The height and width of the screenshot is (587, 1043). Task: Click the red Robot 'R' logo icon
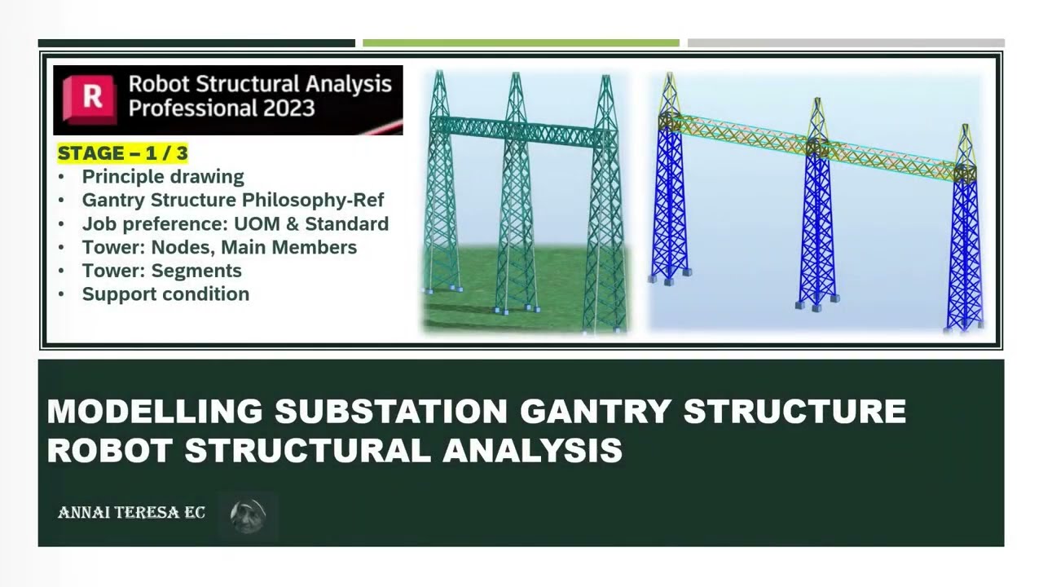pyautogui.click(x=91, y=99)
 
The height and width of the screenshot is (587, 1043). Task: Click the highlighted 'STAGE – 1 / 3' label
pyautogui.click(x=122, y=152)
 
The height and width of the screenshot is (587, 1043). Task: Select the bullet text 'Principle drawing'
pyautogui.click(x=162, y=177)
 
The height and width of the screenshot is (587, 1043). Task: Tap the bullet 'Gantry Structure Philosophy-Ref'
pyautogui.click(x=232, y=200)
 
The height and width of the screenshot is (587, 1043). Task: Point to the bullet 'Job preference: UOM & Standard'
pyautogui.click(x=235, y=223)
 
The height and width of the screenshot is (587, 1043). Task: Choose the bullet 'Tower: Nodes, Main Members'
pyautogui.click(x=219, y=247)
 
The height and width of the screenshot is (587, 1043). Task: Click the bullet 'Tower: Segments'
pyautogui.click(x=161, y=271)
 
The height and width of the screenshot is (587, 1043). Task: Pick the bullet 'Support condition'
pyautogui.click(x=165, y=294)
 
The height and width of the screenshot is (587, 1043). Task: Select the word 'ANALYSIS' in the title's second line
pyautogui.click(x=532, y=450)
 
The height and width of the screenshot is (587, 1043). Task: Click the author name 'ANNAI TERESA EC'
pyautogui.click(x=131, y=513)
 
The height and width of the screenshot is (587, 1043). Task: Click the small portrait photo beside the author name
pyautogui.click(x=248, y=516)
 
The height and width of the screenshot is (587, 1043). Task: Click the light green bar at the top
pyautogui.click(x=521, y=43)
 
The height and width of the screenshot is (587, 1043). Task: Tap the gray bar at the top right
pyautogui.click(x=845, y=43)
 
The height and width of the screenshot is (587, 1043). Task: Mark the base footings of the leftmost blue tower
pyautogui.click(x=670, y=276)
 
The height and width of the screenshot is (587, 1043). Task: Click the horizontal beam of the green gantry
pyautogui.click(x=521, y=130)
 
